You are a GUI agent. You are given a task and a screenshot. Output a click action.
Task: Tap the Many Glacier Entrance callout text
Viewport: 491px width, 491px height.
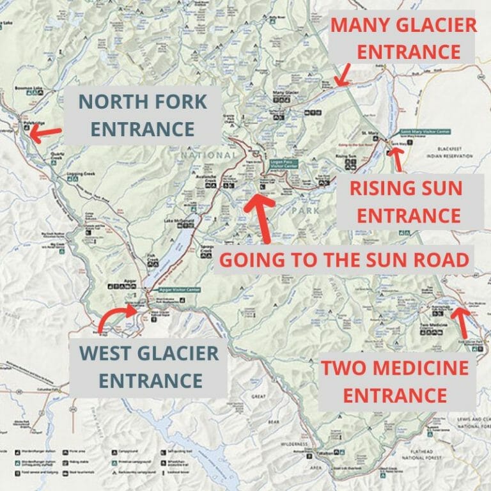403,38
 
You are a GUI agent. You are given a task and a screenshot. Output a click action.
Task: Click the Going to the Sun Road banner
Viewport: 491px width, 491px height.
345,260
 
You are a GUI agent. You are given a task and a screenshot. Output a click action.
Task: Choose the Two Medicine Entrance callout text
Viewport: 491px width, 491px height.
394,381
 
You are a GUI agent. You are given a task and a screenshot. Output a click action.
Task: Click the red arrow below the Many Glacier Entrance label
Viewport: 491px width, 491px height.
343,75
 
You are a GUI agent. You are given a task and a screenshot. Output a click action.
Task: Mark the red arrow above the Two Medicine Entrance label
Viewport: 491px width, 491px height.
461,323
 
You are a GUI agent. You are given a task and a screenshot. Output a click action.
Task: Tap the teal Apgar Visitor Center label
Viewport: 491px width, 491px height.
182,290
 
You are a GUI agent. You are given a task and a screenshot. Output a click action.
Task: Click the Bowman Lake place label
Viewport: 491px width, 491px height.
29,87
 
